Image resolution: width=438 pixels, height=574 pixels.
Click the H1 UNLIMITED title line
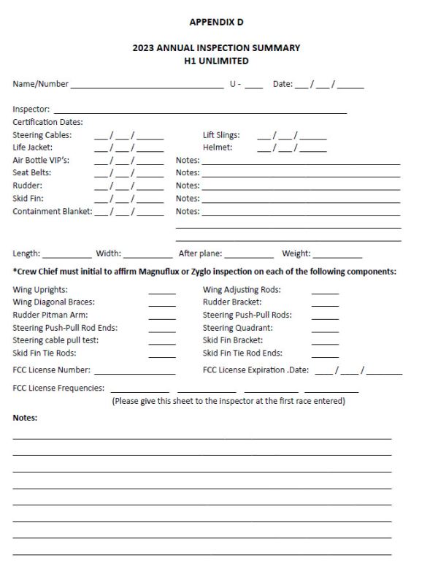pos(216,61)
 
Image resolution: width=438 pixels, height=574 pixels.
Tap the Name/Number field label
pos(40,84)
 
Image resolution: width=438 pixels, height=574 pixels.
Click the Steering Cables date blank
pos(128,136)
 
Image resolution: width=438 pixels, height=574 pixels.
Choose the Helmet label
pos(217,148)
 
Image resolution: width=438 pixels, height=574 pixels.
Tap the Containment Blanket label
pos(52,211)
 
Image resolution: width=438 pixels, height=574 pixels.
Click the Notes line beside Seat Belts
pos(301,175)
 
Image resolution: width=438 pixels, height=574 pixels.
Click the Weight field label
pos(296,254)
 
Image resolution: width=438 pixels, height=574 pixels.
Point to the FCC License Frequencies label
pos(58,388)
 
